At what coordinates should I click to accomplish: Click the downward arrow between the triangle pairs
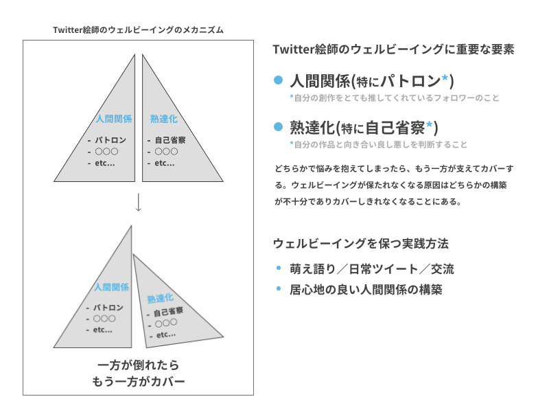tap(139, 202)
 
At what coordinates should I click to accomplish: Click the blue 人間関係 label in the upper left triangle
tap(114, 119)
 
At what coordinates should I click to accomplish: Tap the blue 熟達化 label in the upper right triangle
tap(164, 119)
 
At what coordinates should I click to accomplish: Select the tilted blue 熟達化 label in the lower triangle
tap(160, 299)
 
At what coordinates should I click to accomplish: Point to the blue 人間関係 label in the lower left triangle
tap(112, 287)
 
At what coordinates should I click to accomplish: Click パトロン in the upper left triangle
tap(110, 140)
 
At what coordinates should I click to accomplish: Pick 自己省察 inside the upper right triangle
tap(170, 140)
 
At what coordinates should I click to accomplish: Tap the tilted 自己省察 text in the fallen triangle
tap(168, 312)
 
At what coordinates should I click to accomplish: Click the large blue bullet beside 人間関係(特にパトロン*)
tap(278, 80)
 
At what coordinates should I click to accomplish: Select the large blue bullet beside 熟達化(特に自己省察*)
tap(278, 127)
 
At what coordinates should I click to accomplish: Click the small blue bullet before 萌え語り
tap(279, 268)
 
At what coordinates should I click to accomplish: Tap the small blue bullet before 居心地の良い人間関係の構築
tap(279, 288)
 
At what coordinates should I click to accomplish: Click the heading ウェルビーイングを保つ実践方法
tap(361, 244)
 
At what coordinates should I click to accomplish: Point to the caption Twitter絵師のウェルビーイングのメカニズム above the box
tap(139, 30)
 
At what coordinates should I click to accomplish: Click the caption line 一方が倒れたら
tap(139, 365)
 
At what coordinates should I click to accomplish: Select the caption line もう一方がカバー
tap(139, 381)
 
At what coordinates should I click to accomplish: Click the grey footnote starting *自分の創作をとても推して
tap(394, 98)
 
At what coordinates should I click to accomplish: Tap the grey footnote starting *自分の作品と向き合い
tap(379, 144)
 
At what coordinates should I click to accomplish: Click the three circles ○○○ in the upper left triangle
tap(107, 152)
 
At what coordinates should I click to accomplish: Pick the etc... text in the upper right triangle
tap(165, 163)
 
